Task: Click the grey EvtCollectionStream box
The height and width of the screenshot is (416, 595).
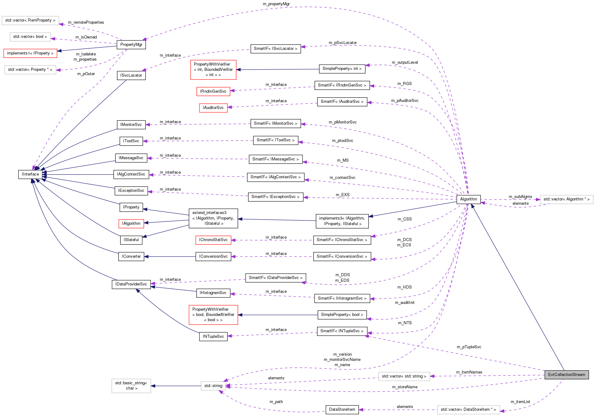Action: click(566, 375)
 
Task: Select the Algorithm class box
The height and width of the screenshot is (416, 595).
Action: click(468, 199)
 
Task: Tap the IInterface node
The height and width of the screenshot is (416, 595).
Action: click(30, 174)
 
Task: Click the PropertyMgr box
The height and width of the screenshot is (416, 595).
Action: click(131, 45)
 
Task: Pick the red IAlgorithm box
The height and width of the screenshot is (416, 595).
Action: click(131, 224)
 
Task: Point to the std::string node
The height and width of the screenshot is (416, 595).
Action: click(213, 386)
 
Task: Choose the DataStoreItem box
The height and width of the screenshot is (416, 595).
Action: click(342, 410)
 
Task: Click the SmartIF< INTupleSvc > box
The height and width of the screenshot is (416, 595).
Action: click(342, 331)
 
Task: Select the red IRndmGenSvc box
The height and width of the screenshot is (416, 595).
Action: click(213, 91)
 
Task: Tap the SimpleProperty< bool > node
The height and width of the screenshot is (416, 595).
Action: click(342, 315)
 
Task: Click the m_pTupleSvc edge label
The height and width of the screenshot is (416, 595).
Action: click(469, 347)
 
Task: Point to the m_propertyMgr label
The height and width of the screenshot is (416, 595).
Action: click(276, 4)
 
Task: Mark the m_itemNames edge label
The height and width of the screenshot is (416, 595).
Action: click(469, 372)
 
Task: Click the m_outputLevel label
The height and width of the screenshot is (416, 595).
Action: click(405, 63)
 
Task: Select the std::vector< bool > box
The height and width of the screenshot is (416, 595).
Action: click(30, 37)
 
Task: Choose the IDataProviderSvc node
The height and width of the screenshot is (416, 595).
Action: click(131, 284)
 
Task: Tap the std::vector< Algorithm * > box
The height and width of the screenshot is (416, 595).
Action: click(566, 199)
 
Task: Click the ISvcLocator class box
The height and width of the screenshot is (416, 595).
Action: click(131, 75)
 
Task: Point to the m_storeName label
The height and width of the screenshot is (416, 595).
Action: click(405, 387)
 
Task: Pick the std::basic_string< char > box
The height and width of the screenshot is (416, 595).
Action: click(131, 386)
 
